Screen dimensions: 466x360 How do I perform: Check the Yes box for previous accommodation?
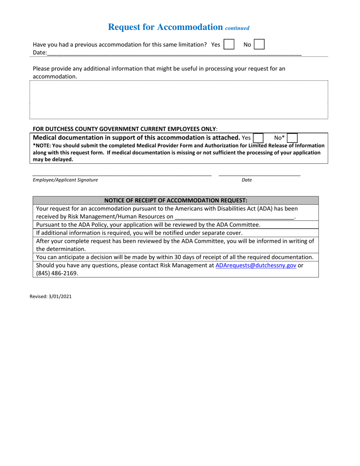click(229, 44)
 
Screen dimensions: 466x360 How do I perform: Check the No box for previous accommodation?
click(259, 44)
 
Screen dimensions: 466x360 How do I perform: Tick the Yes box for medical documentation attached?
click(258, 138)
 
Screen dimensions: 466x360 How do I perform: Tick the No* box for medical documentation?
click(292, 138)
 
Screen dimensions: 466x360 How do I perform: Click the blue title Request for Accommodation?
click(165, 27)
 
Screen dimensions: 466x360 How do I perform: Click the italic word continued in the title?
click(237, 28)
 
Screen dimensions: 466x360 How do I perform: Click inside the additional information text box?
click(178, 100)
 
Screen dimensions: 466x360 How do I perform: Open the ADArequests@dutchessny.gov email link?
click(256, 266)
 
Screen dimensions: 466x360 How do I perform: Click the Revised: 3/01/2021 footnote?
click(51, 297)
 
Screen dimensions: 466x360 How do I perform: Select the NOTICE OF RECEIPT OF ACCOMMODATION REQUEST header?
click(176, 200)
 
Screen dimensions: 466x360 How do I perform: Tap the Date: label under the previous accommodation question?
click(40, 53)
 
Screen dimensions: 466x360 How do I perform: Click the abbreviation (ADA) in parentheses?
click(265, 209)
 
